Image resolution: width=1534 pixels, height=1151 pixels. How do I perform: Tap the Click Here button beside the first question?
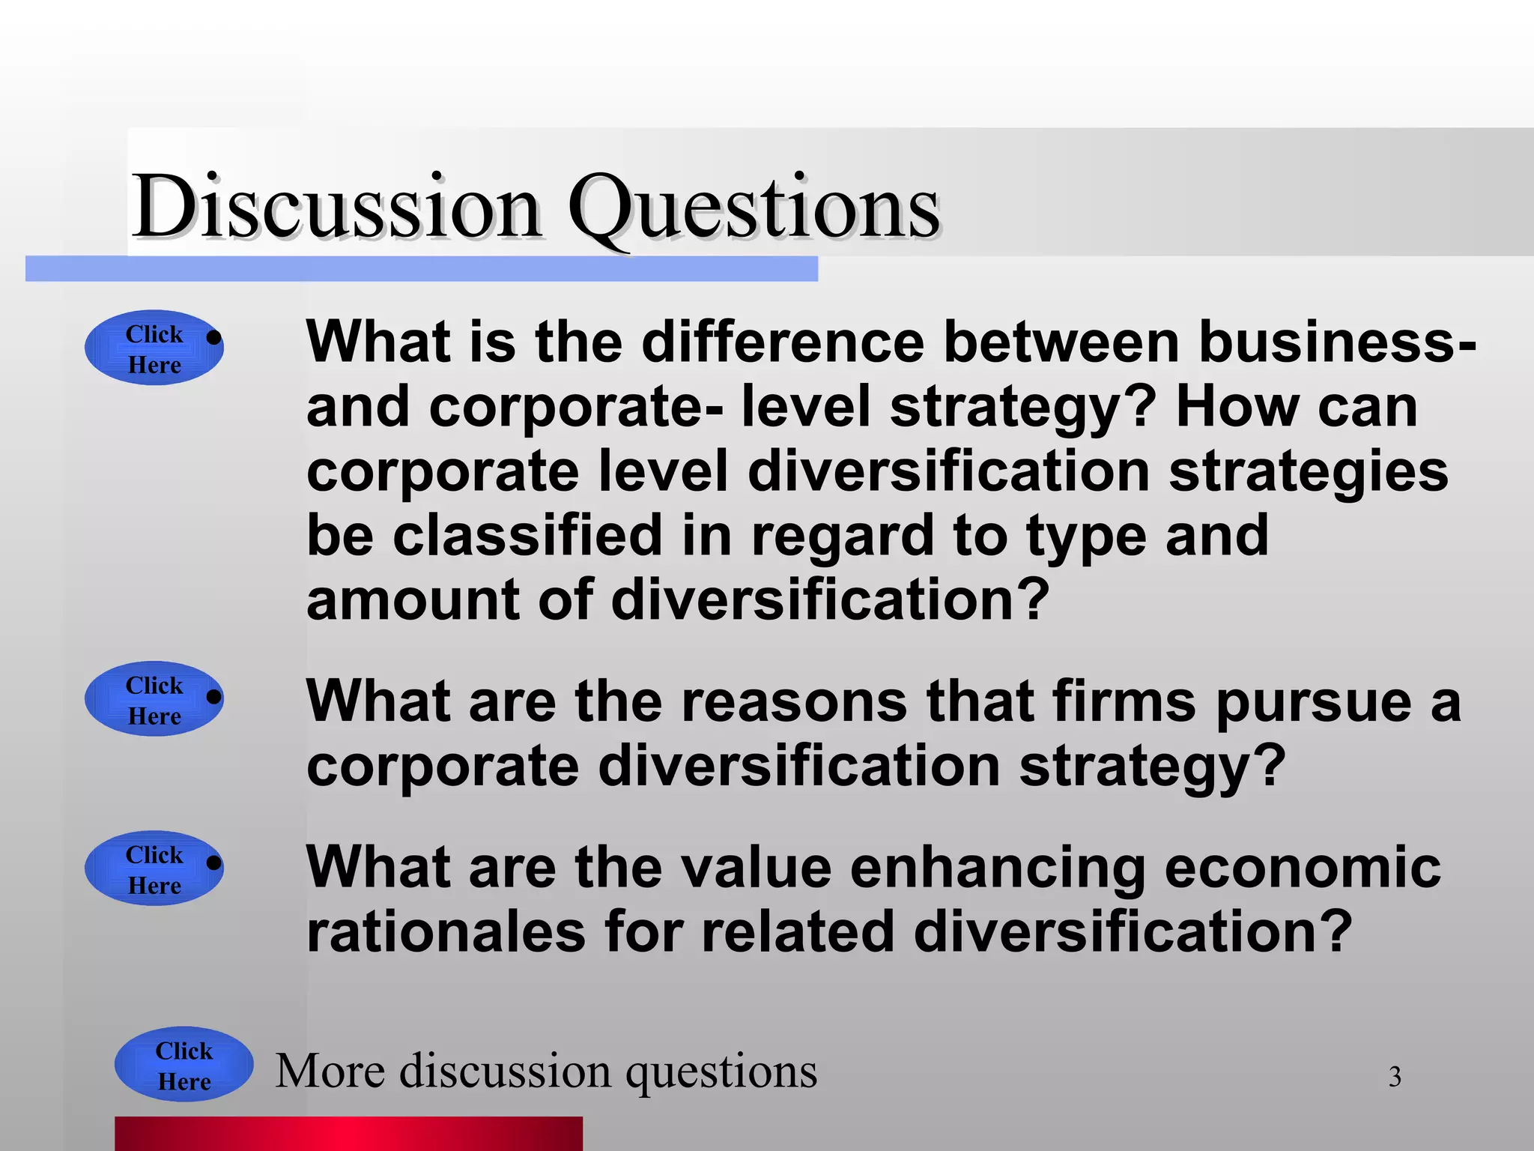tap(154, 348)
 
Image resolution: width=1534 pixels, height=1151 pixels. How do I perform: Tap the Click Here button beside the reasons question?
tap(154, 699)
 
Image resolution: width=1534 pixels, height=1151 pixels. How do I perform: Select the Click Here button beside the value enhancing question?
tap(154, 869)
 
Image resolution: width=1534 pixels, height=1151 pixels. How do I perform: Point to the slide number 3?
tap(1395, 1077)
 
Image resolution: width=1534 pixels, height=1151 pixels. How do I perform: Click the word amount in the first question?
tap(412, 600)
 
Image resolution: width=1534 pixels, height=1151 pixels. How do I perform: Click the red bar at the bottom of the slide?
tap(348, 1133)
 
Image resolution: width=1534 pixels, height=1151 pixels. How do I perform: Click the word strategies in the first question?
tap(1308, 473)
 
